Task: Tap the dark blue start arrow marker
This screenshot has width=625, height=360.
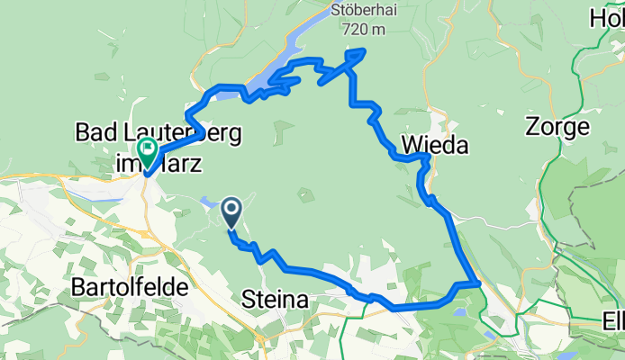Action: [231, 211]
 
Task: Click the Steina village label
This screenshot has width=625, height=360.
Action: [276, 299]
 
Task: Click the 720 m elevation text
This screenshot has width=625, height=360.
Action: [363, 30]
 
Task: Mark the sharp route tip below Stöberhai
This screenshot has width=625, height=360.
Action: [363, 50]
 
